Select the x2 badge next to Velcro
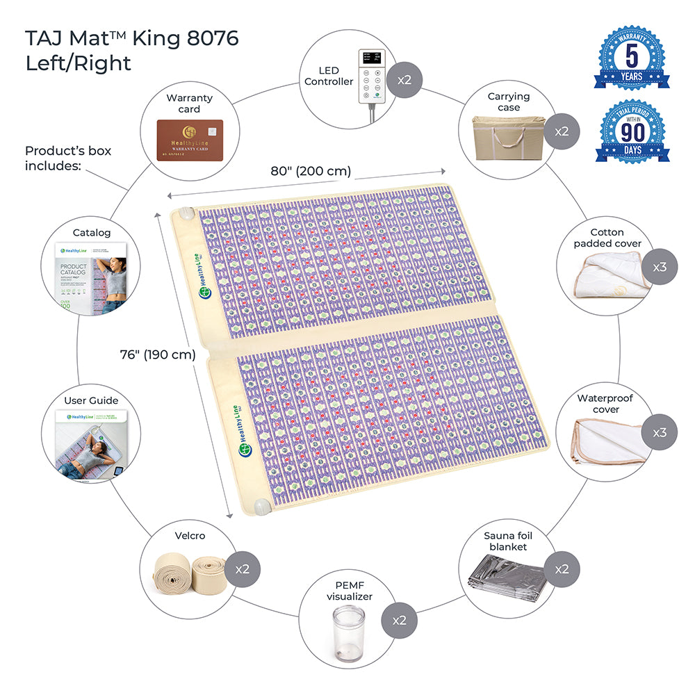point(242,569)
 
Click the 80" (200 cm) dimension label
point(310,170)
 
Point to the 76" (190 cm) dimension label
point(158,354)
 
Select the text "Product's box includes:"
point(68,158)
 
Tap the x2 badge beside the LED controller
point(404,79)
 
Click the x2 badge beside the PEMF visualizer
point(399,620)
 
